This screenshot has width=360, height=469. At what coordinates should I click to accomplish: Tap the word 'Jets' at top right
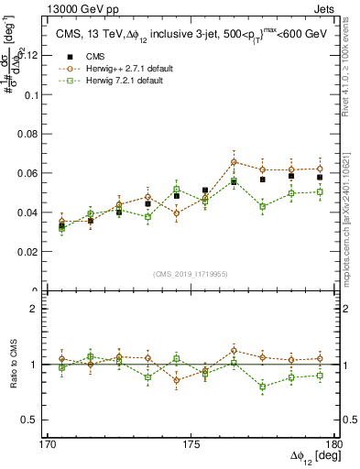pyautogui.click(x=327, y=9)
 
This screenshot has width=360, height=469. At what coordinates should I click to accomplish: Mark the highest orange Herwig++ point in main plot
pyautogui.click(x=235, y=162)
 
